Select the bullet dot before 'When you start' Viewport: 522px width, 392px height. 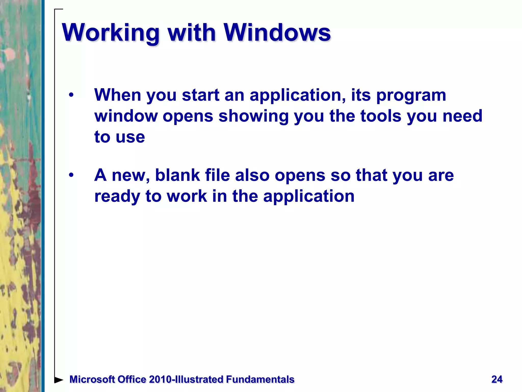point(71,95)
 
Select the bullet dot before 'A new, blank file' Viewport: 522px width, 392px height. point(71,175)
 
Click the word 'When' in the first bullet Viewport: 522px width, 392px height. point(118,95)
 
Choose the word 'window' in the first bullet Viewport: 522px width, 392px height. point(126,116)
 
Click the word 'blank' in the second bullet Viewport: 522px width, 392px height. point(178,175)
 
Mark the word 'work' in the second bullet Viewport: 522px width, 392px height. point(187,196)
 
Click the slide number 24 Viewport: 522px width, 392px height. point(497,379)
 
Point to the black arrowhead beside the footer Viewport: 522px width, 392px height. point(59,380)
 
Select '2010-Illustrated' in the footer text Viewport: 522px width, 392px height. point(186,379)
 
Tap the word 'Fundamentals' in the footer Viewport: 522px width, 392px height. point(260,379)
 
